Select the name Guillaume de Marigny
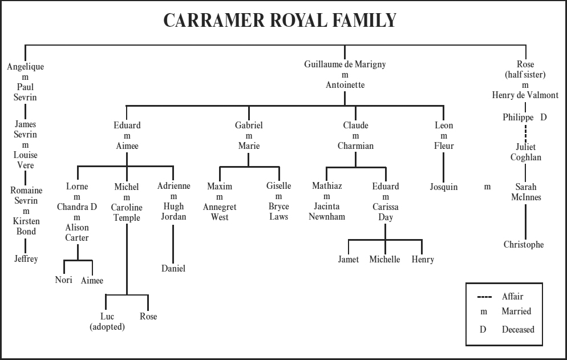(x=345, y=64)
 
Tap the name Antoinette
(x=345, y=85)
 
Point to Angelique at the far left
(x=25, y=66)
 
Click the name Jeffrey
(x=26, y=259)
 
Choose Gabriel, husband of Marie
(x=249, y=125)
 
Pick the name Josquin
(x=444, y=187)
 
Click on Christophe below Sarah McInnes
(x=524, y=245)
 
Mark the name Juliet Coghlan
(x=525, y=152)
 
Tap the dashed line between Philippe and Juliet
(x=525, y=131)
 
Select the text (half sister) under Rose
(x=525, y=75)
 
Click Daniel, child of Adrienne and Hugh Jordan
(x=173, y=268)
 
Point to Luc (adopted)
(x=107, y=322)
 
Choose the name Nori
(x=63, y=280)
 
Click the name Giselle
(x=278, y=186)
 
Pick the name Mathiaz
(x=327, y=186)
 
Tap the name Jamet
(x=348, y=260)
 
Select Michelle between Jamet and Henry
(x=384, y=260)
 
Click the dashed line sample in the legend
(x=484, y=297)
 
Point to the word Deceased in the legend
(x=518, y=329)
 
